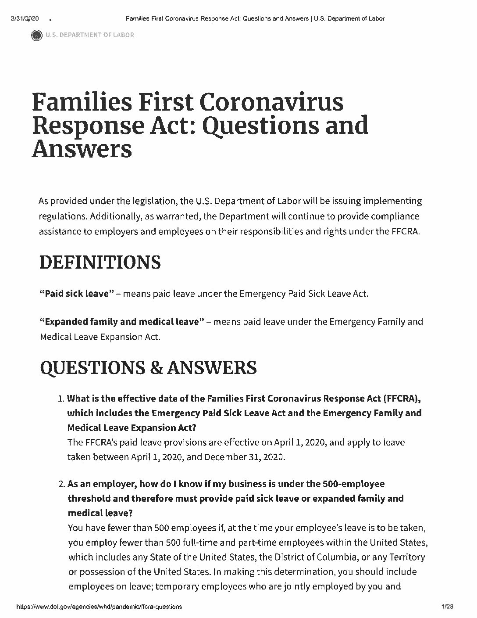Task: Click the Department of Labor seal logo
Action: [x=36, y=35]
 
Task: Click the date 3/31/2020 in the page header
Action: [x=24, y=18]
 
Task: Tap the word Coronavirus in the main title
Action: [x=271, y=102]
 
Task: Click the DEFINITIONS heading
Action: [x=100, y=262]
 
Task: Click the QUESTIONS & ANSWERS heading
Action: [x=148, y=367]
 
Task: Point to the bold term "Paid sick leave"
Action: [x=77, y=293]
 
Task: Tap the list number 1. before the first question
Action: [x=61, y=399]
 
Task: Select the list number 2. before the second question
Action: [x=61, y=484]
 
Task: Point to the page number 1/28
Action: [x=447, y=607]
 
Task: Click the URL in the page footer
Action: [x=99, y=607]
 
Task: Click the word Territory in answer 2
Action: [x=403, y=557]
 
